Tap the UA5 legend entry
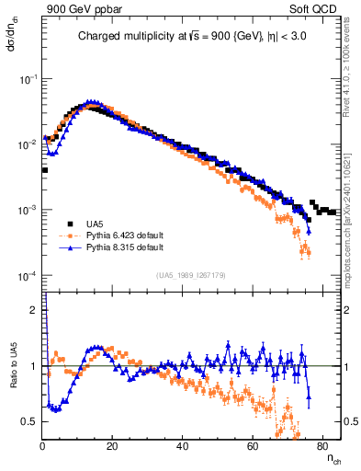(95, 224)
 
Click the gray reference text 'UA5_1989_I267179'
(192, 274)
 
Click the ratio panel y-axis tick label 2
(34, 310)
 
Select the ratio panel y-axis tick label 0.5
(30, 421)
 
